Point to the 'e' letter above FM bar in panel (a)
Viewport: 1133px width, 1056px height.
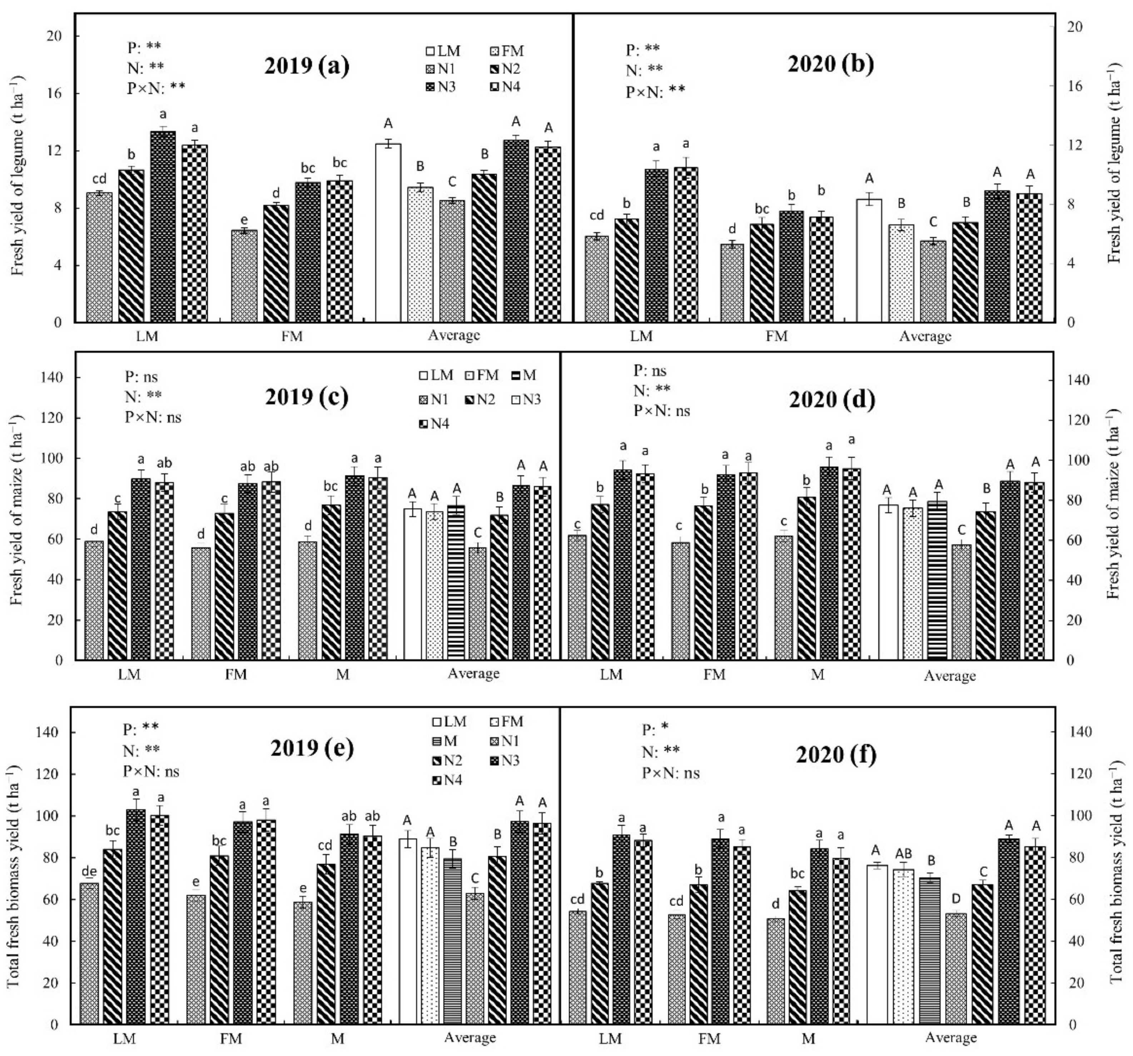click(244, 220)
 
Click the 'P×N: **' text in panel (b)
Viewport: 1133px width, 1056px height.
click(655, 91)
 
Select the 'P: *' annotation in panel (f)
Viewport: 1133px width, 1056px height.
click(655, 729)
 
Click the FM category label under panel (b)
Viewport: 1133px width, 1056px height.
click(776, 336)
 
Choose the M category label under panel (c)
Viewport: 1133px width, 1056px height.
click(343, 674)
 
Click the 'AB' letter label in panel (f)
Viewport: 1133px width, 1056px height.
click(904, 853)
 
